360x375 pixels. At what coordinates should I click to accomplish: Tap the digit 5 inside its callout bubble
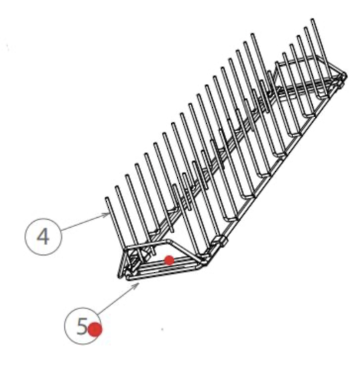(82, 326)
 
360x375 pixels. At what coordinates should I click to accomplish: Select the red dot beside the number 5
(95, 329)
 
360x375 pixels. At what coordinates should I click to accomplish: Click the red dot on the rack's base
(169, 260)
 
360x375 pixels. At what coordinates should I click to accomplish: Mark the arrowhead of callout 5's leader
(139, 283)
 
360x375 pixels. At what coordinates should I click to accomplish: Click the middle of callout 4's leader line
(84, 222)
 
